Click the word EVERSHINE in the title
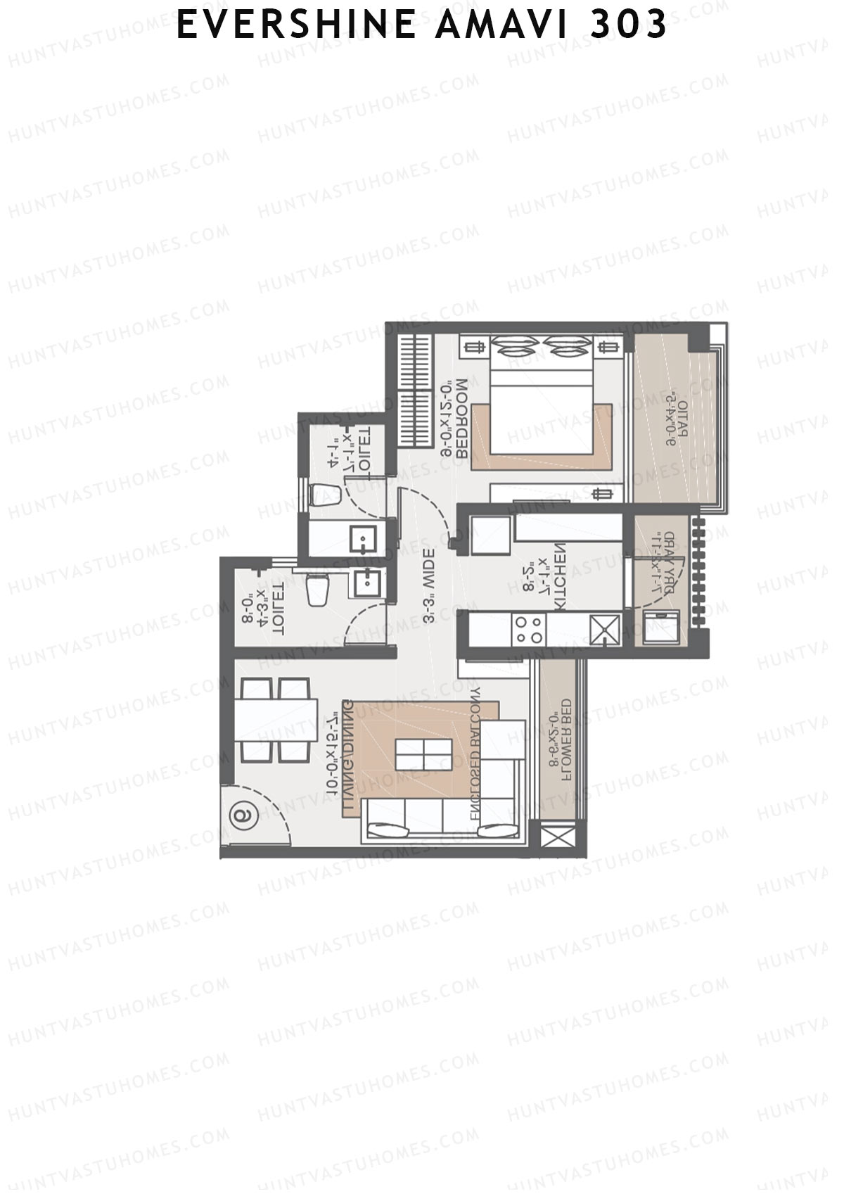[295, 25]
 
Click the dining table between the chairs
[276, 719]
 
